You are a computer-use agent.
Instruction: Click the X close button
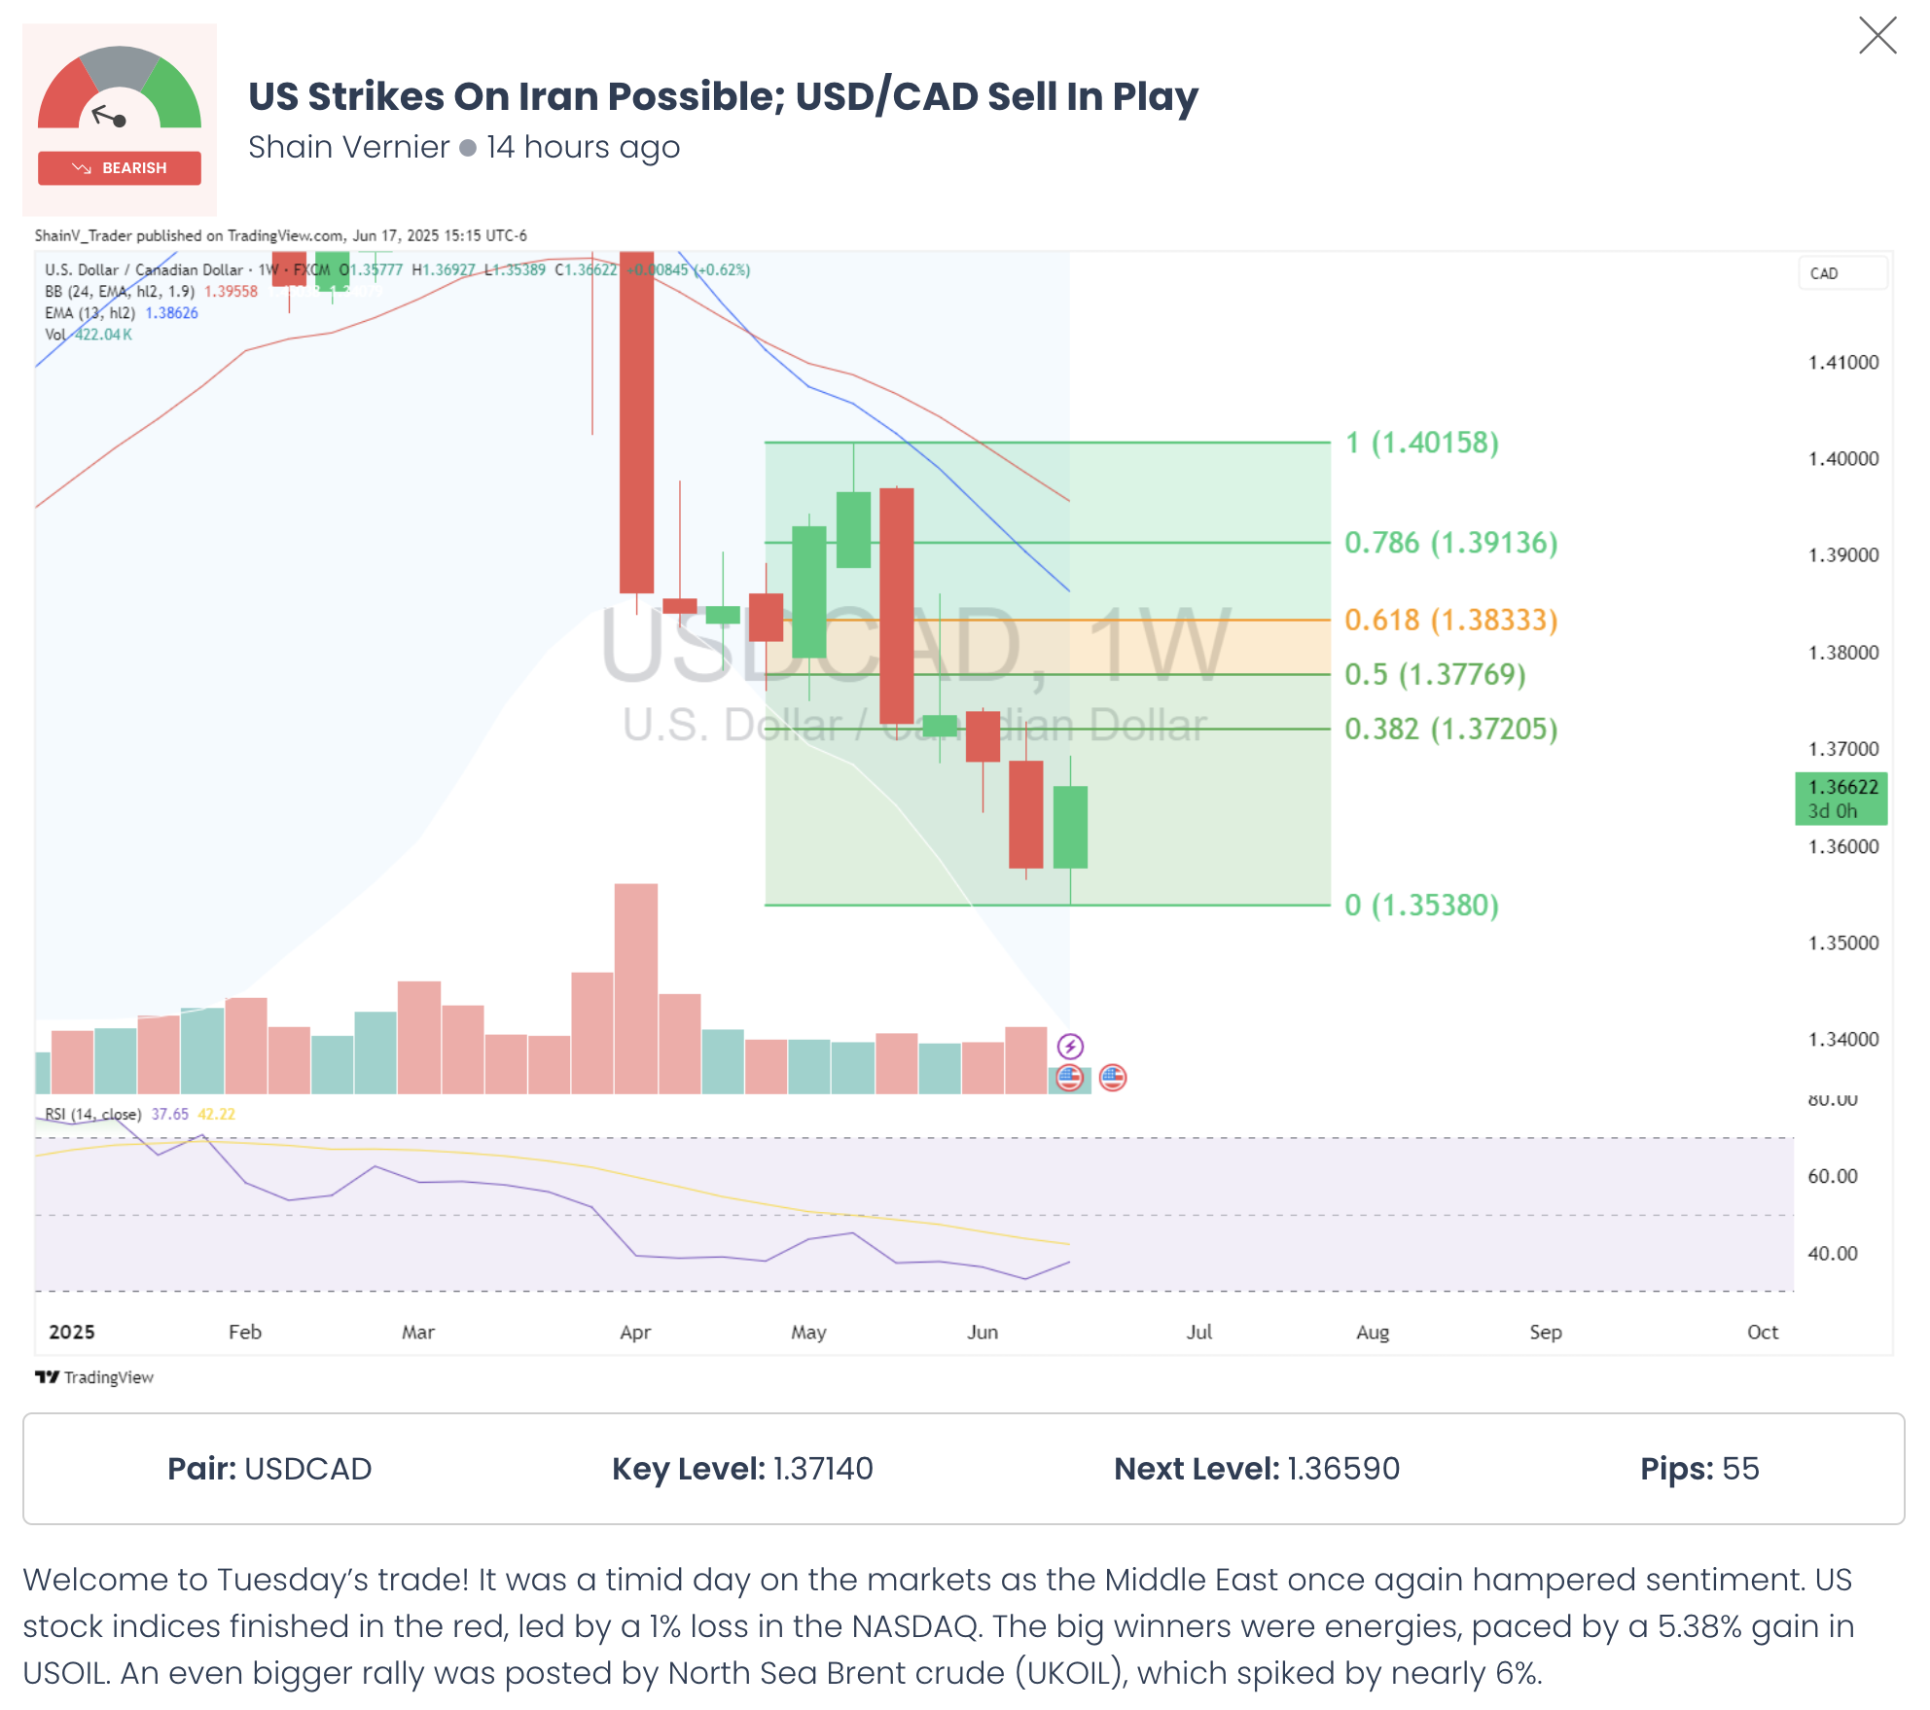(x=1876, y=36)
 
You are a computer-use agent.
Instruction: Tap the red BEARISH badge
(x=120, y=168)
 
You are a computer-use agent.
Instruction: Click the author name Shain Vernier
(x=348, y=147)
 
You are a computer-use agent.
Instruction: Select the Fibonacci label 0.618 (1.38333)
(x=1450, y=620)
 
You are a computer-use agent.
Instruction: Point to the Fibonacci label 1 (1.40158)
(x=1421, y=443)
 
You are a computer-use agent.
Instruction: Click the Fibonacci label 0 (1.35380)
(x=1421, y=905)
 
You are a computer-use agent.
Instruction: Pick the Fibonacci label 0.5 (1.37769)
(x=1435, y=674)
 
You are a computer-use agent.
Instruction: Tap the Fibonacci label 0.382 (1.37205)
(x=1450, y=729)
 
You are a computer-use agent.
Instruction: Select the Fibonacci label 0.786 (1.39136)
(x=1450, y=543)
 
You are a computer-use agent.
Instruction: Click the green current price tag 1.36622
(x=1841, y=799)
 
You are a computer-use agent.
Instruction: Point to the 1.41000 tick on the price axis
(x=1842, y=363)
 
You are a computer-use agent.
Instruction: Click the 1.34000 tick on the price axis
(x=1842, y=1040)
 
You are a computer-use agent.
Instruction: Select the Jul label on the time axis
(x=1198, y=1332)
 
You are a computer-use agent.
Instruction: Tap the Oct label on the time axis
(x=1762, y=1332)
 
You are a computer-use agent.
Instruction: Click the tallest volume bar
(x=636, y=987)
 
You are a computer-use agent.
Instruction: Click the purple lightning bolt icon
(x=1070, y=1047)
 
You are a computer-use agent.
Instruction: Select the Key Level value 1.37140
(x=823, y=1469)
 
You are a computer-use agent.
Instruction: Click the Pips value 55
(x=1740, y=1469)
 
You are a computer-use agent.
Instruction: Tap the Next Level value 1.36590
(x=1343, y=1469)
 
